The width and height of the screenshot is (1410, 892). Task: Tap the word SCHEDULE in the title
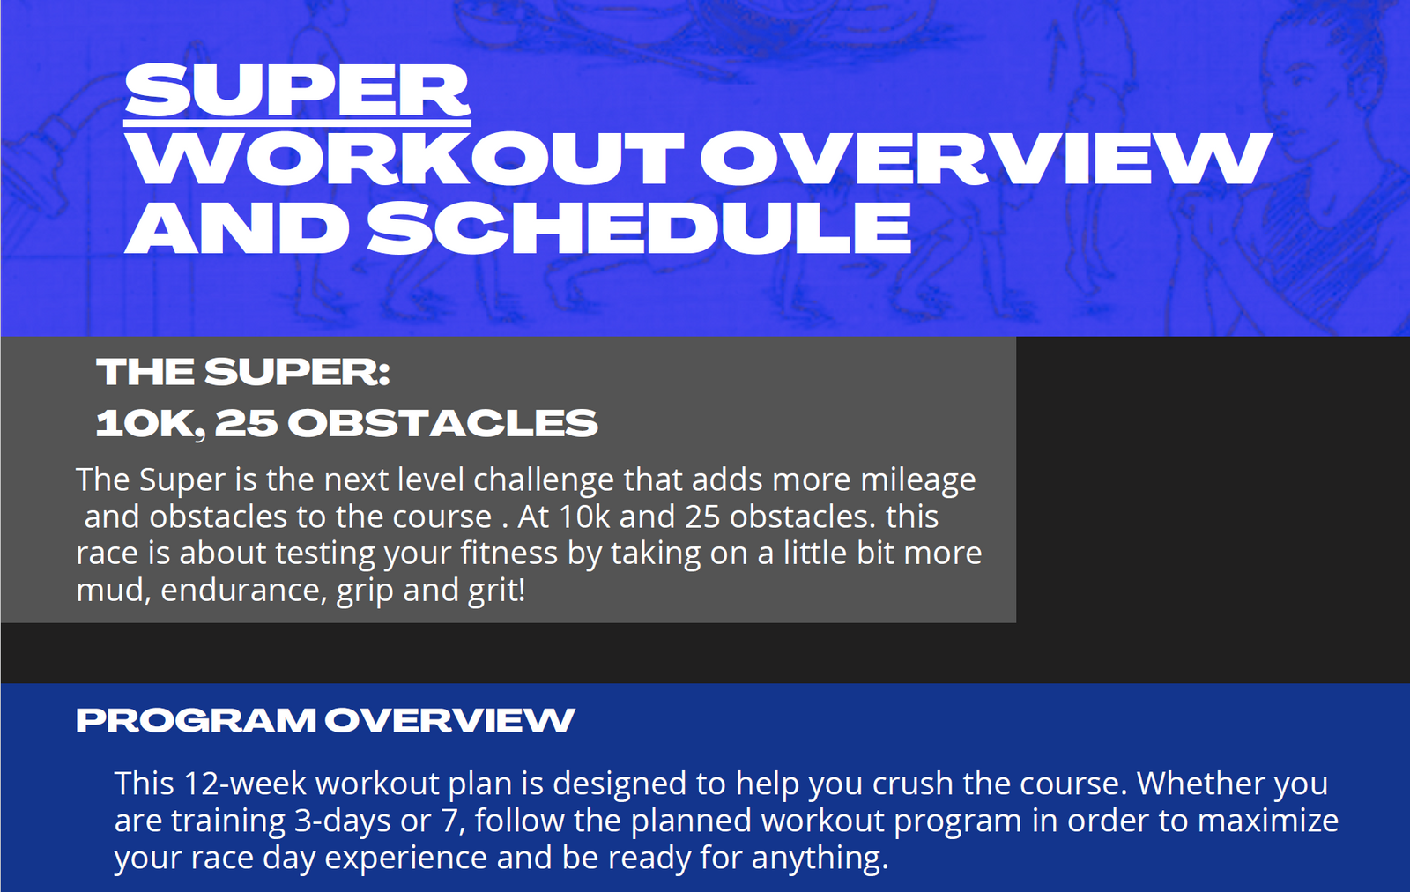click(640, 227)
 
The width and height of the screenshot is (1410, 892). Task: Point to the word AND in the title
click(237, 227)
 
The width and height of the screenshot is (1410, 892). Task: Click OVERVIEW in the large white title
click(986, 159)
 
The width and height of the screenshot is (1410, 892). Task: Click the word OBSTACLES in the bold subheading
click(442, 422)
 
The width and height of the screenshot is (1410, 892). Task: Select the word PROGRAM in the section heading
click(195, 720)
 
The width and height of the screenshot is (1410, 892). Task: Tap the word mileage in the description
click(917, 481)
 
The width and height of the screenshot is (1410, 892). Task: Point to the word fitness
click(508, 554)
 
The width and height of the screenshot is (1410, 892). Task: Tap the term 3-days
click(343, 821)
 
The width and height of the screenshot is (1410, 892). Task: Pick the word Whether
click(1200, 784)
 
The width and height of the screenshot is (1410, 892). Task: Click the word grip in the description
click(365, 591)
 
